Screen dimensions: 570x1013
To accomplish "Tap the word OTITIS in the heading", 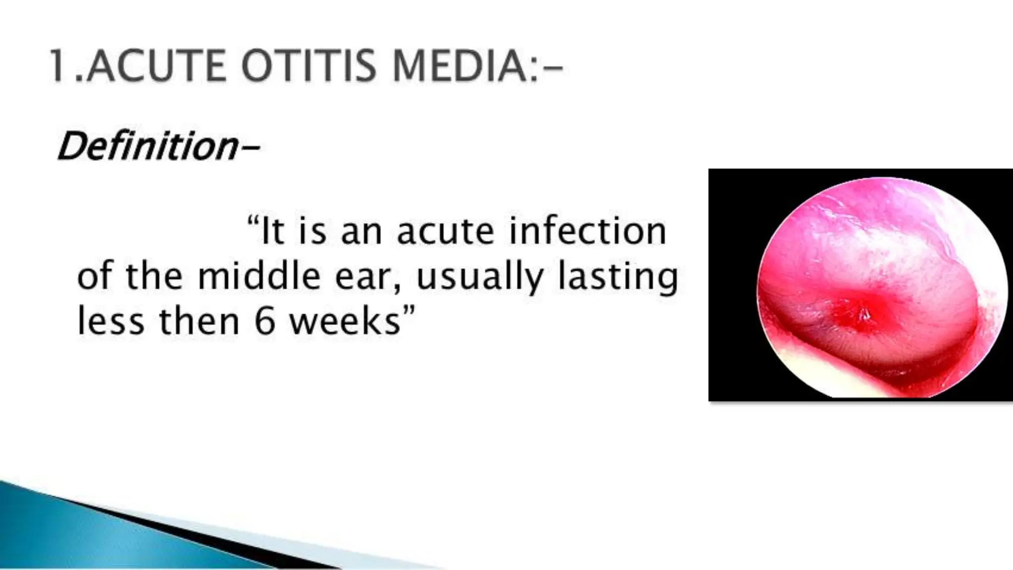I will click(309, 67).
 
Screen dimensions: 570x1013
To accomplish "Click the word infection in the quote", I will click(588, 231).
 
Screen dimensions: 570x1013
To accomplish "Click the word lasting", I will click(618, 277).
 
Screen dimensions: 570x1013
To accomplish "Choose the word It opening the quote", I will click(272, 231).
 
